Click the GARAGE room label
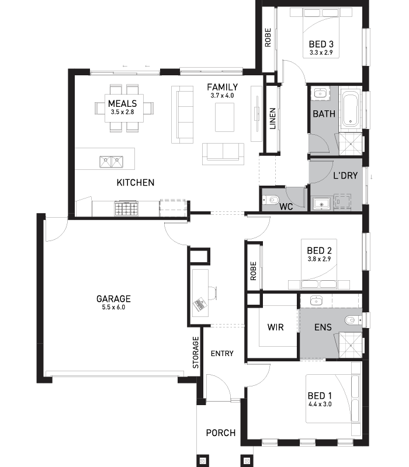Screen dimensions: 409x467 click(x=113, y=299)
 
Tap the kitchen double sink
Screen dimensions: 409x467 click(x=111, y=162)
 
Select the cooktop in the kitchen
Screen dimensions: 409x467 click(x=126, y=208)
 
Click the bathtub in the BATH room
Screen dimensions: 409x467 click(x=350, y=110)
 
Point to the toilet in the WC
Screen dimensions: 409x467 click(x=271, y=200)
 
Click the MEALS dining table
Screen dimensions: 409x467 click(x=124, y=108)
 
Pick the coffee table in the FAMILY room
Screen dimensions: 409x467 click(x=224, y=117)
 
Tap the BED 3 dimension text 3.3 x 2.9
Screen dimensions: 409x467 click(x=321, y=53)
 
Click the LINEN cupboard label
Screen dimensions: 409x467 click(x=272, y=119)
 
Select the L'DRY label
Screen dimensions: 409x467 click(x=345, y=176)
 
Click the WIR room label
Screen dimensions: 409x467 click(x=275, y=327)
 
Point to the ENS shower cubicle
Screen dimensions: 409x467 click(x=351, y=346)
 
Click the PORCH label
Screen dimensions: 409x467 click(x=221, y=433)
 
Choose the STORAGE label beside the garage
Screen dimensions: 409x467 click(x=196, y=353)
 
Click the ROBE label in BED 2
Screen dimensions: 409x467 click(x=253, y=271)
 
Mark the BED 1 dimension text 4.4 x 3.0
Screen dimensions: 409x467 click(x=320, y=404)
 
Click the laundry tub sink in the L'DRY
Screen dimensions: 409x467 click(x=322, y=204)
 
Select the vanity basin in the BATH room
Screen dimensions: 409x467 click(x=320, y=94)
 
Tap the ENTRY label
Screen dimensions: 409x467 click(x=222, y=354)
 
